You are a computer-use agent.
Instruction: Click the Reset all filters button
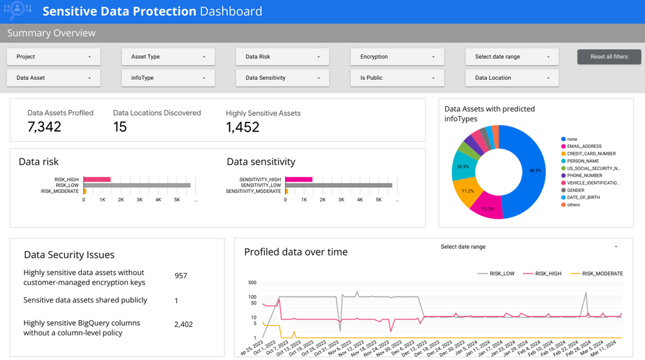click(609, 57)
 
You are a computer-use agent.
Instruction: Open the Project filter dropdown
click(54, 57)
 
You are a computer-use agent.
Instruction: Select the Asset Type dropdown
click(168, 57)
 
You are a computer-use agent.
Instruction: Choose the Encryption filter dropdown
click(397, 57)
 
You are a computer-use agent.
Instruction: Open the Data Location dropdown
click(512, 78)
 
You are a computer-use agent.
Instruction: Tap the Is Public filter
click(397, 78)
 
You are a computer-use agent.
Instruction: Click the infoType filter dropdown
click(168, 78)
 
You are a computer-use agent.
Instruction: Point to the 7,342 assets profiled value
click(45, 127)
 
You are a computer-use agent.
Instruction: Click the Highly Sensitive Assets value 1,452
click(243, 127)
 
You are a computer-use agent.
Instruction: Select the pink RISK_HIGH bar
click(97, 179)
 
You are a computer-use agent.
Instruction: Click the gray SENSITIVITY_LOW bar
click(339, 185)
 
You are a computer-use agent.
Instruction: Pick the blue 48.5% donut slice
click(520, 172)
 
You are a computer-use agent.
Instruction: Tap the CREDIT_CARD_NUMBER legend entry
click(591, 154)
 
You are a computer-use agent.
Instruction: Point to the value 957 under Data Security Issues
click(181, 276)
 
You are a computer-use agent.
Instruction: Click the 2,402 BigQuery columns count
click(183, 325)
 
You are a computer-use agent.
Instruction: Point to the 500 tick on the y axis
click(252, 283)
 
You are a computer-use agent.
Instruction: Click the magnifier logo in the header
click(17, 11)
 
